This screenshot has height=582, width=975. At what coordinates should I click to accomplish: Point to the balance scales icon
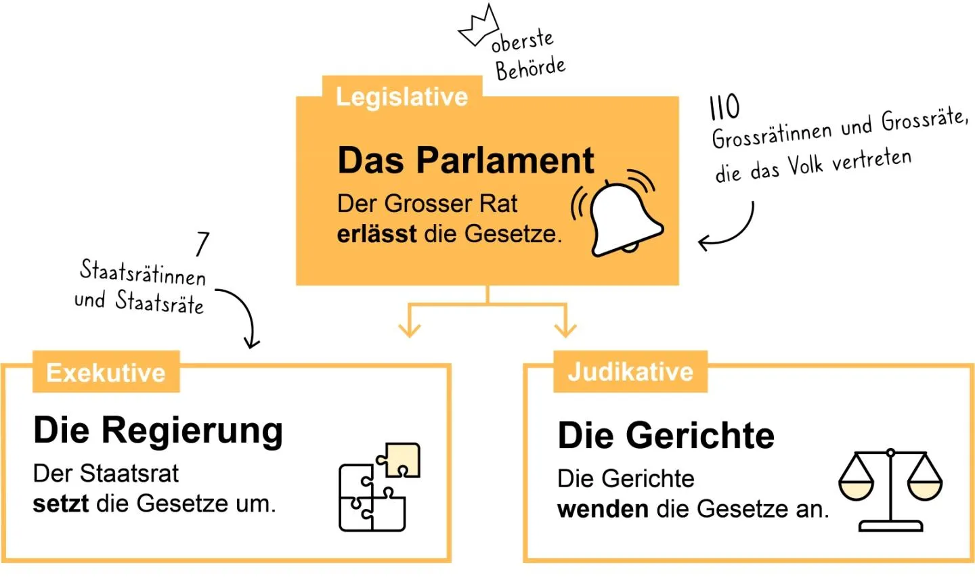pos(890,489)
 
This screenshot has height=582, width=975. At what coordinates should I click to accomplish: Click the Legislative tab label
pos(402,97)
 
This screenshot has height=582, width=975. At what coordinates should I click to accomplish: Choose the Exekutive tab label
pos(106,373)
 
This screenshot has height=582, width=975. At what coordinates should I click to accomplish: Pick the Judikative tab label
pos(630,372)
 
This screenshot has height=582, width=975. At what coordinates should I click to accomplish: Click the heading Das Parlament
pos(466,161)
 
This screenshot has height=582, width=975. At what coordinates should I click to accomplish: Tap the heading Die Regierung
pos(158,430)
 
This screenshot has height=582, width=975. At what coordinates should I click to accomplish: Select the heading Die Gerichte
pos(666,435)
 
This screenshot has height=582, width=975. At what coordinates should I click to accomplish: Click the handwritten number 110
pos(724,107)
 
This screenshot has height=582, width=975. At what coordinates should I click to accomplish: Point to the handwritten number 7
pos(202,244)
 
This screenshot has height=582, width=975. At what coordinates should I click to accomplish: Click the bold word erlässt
pos(376,234)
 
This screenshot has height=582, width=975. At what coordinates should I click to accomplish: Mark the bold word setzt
pos(61,503)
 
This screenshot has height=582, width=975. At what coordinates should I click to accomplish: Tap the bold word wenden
pos(603,509)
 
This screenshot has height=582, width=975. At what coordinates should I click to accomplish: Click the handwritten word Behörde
pos(530,68)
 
